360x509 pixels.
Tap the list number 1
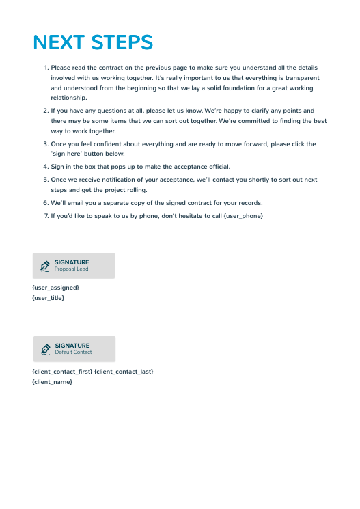coord(46,68)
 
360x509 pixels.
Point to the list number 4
coord(46,167)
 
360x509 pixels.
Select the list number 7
coord(46,216)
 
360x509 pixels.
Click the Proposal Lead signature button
coord(74,265)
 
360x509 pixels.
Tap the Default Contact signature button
coord(74,348)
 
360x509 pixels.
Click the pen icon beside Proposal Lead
coord(45,265)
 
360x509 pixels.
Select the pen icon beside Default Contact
coord(46,348)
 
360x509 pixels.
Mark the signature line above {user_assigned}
coord(115,279)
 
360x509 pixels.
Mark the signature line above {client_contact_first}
coord(113,363)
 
